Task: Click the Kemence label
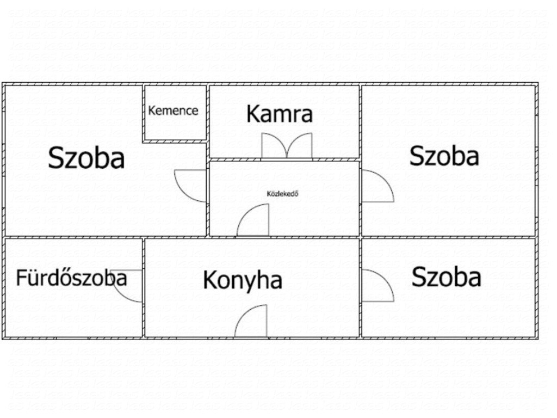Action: pos(173,110)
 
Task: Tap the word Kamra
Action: pos(280,114)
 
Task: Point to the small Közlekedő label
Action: pos(282,194)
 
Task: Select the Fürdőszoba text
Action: pos(71,278)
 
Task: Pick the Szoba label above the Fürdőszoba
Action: pos(86,157)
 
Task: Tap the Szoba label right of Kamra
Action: pos(444,156)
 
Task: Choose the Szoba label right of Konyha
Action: pos(447,276)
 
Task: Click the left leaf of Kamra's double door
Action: pos(274,145)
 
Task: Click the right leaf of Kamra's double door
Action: pos(300,145)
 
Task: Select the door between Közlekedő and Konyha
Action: pos(252,220)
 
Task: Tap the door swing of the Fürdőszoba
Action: pos(128,286)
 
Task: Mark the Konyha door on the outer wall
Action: pos(250,321)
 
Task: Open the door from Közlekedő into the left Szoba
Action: pos(190,186)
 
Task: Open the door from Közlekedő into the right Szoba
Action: pos(377,186)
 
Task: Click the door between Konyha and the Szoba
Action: pos(377,285)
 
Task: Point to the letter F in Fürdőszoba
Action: pos(21,278)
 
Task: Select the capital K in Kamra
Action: pos(252,114)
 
